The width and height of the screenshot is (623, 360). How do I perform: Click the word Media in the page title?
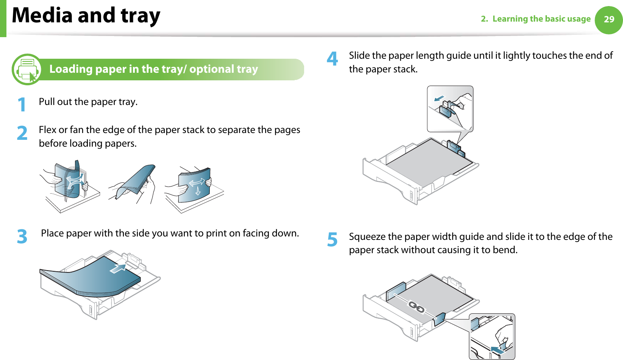pos(42,16)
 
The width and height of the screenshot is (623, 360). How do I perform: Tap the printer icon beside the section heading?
pos(27,69)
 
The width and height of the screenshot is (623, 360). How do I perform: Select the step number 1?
pos(22,104)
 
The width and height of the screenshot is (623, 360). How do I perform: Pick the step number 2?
pos(22,133)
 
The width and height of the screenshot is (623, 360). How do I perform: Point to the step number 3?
pos(22,236)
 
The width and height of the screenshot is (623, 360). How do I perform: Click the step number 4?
pos(332,59)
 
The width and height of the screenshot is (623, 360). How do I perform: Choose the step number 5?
pos(332,239)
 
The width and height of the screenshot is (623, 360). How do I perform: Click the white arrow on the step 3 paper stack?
pos(118,268)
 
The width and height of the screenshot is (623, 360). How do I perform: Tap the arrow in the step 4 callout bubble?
pos(439,99)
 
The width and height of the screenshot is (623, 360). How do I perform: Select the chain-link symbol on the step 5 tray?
pos(416,307)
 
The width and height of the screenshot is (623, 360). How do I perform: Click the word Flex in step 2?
pos(47,130)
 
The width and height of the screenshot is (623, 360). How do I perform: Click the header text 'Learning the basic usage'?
pos(541,19)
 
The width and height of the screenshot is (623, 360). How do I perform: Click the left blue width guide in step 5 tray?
pos(396,291)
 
